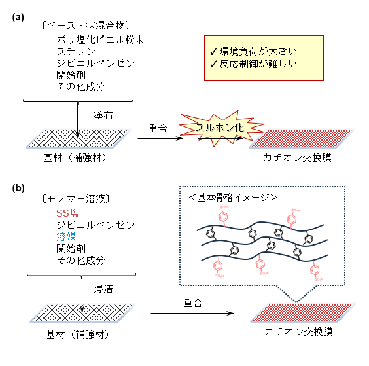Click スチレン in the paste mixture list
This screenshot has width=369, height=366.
click(x=75, y=52)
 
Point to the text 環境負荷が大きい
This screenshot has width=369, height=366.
click(x=252, y=51)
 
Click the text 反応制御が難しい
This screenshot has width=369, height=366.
click(x=252, y=64)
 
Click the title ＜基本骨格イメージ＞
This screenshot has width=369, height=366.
click(x=241, y=197)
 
